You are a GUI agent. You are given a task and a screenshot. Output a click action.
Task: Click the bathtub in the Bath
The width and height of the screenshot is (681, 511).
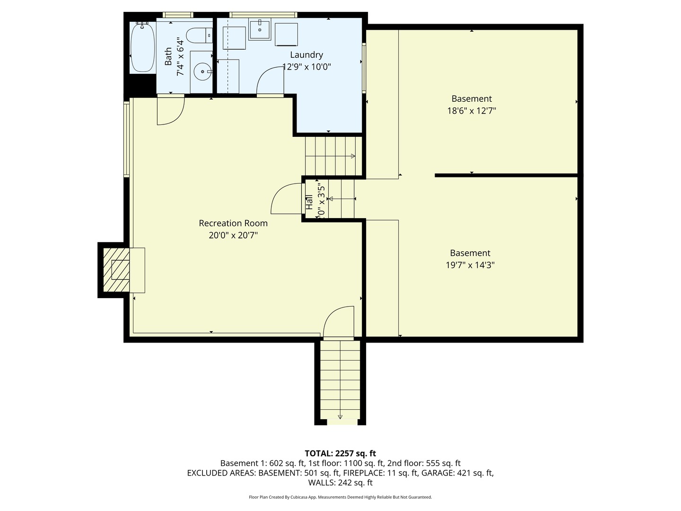(142, 48)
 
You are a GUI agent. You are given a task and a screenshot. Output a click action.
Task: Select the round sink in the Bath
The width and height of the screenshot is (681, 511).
(203, 72)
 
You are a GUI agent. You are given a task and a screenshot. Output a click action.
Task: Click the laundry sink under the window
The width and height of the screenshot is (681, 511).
(260, 30)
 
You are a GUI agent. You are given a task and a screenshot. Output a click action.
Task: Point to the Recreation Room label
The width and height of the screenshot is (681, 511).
(233, 223)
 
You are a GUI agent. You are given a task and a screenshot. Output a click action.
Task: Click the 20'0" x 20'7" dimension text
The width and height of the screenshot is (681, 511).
(233, 235)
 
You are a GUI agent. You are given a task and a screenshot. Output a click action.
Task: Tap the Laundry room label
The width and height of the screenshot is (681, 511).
(306, 55)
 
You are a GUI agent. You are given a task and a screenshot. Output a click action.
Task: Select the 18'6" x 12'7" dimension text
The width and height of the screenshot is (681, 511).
(471, 111)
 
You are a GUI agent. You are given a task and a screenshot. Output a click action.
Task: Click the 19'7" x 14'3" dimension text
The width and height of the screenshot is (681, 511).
(470, 265)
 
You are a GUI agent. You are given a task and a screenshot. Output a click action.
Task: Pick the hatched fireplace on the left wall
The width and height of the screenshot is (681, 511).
(117, 270)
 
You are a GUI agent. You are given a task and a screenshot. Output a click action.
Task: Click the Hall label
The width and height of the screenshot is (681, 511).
(309, 203)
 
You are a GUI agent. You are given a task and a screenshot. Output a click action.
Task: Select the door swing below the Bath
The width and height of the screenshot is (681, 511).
(170, 110)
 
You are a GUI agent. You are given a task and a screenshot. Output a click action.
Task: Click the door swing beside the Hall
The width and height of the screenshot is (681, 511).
(286, 199)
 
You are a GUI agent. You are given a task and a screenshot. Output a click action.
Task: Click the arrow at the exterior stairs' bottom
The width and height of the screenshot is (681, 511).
(340, 417)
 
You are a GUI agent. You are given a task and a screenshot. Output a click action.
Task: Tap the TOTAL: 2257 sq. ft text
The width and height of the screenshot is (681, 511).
(340, 454)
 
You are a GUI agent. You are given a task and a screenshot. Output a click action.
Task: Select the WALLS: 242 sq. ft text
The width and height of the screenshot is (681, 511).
(340, 483)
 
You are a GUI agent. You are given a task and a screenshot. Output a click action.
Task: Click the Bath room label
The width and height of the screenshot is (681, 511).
(168, 57)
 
